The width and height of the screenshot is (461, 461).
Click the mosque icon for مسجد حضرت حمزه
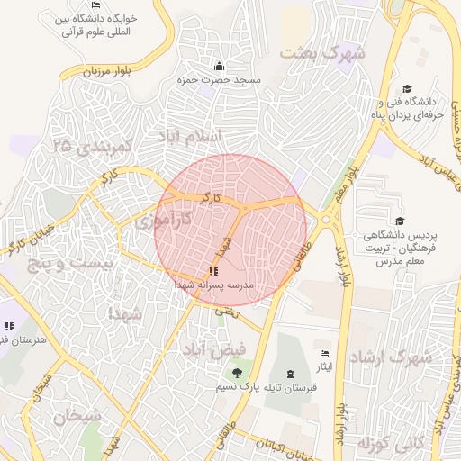(x=219, y=67)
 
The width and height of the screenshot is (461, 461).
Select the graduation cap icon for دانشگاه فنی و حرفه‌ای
(x=407, y=89)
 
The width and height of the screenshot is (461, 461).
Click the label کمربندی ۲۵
(x=93, y=144)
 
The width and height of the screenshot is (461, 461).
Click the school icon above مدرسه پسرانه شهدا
(x=213, y=271)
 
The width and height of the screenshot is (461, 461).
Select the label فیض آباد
(x=212, y=348)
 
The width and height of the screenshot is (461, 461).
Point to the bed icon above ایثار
(x=324, y=353)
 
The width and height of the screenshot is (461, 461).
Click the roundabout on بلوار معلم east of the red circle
(x=325, y=219)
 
